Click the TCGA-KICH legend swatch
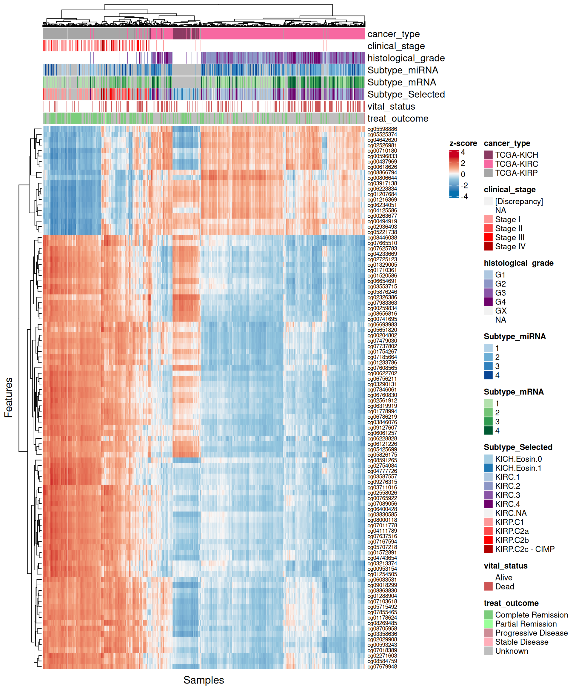[x=488, y=155]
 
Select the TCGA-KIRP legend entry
[x=516, y=173]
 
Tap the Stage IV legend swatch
[x=488, y=246]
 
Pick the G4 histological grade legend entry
[x=500, y=302]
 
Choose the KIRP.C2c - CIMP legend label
[x=525, y=549]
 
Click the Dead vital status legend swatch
[x=488, y=586]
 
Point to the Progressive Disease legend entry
[x=531, y=633]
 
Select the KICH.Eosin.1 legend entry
[x=518, y=468]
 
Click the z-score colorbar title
[x=463, y=144]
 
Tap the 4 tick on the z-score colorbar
[x=463, y=152]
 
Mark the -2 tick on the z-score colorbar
[x=464, y=185]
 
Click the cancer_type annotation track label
[x=393, y=34]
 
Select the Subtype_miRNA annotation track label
[x=402, y=70]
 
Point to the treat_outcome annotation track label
[x=398, y=119]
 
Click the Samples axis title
[x=204, y=680]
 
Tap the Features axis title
[x=9, y=397]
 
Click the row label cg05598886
[x=382, y=129]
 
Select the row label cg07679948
[x=382, y=666]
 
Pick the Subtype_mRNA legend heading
[x=513, y=392]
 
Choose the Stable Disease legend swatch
[x=488, y=642]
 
